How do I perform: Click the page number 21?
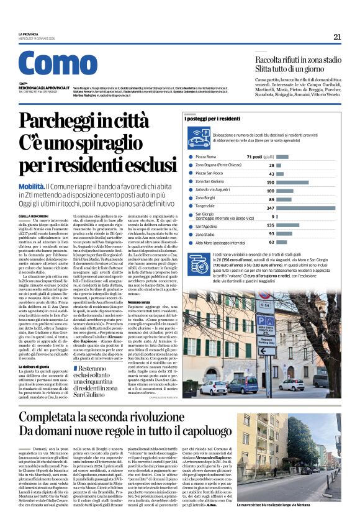pyautogui.click(x=337, y=37)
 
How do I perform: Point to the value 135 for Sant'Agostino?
pyautogui.click(x=270, y=225)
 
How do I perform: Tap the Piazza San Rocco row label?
pyautogui.click(x=210, y=174)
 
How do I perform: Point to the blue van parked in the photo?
pyautogui.click(x=245, y=384)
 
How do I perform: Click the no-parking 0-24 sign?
pyautogui.click(x=266, y=305)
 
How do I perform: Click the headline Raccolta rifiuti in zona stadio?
pyautogui.click(x=299, y=60)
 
